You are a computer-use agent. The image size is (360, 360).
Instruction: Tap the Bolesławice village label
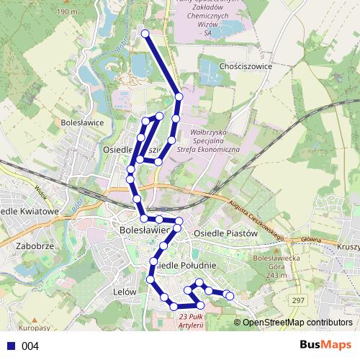click(x=83, y=122)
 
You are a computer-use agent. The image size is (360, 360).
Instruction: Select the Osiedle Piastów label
click(x=226, y=233)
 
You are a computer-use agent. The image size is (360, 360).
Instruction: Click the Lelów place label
click(x=125, y=292)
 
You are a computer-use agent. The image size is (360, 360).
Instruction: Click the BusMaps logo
click(x=325, y=345)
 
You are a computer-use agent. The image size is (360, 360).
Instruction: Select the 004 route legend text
click(x=30, y=346)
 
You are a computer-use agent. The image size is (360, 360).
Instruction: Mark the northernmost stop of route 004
click(x=145, y=34)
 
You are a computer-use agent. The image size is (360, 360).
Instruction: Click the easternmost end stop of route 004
click(x=230, y=295)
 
